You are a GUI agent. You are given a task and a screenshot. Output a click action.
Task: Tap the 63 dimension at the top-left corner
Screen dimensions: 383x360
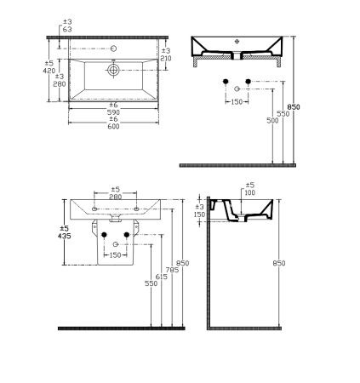(68, 29)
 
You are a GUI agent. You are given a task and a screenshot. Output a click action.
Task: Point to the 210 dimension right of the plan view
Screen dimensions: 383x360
(166, 58)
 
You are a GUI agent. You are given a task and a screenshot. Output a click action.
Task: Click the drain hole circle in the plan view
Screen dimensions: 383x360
(111, 73)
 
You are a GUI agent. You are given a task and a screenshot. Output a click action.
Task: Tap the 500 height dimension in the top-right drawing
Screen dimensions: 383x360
(271, 121)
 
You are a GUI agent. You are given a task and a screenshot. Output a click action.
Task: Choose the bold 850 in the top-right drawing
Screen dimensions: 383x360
(294, 107)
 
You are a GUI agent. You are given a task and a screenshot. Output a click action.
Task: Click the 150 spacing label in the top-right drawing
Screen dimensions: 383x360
(237, 102)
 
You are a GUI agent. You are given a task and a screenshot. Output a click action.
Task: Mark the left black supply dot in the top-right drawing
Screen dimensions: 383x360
(226, 82)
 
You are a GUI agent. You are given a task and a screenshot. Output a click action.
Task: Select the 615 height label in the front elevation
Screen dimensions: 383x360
(163, 277)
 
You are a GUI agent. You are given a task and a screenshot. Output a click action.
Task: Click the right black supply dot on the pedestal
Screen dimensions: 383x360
(127, 234)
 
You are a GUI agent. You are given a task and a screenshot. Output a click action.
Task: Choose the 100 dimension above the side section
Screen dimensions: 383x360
(249, 192)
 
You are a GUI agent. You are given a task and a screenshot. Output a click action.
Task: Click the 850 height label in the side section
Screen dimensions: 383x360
(279, 265)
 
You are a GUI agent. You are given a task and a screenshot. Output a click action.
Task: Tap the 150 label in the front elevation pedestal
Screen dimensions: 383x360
(115, 254)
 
